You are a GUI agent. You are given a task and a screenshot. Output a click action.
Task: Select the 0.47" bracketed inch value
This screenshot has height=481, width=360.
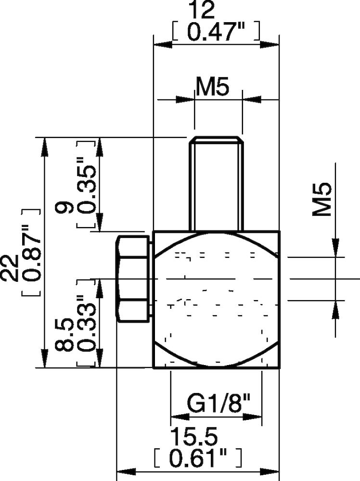point(216,32)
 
